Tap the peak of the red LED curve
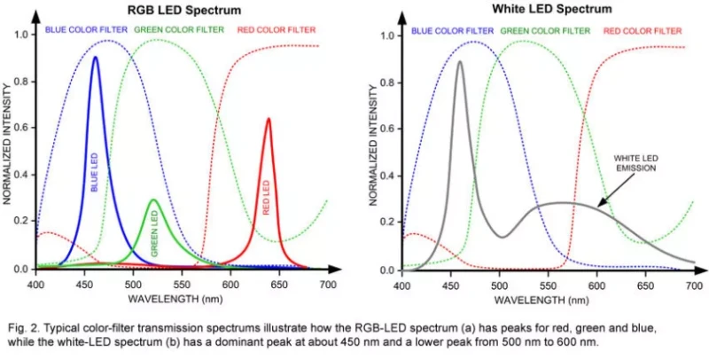point(268,119)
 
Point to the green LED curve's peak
point(152,200)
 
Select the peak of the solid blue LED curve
point(95,58)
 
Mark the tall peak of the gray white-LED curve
point(460,61)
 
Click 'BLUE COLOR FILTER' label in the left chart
point(83,30)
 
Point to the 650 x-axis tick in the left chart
point(279,285)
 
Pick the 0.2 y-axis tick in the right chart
point(386,223)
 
